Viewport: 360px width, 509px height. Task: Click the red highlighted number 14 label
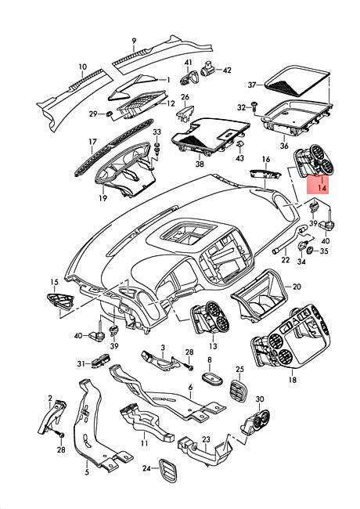[322, 188]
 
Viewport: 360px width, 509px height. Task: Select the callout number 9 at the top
[134, 42]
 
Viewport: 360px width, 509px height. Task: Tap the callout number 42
[227, 70]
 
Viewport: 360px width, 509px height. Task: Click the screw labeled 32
[254, 106]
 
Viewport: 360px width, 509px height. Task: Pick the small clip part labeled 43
[239, 144]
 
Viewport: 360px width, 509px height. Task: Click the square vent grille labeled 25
[239, 392]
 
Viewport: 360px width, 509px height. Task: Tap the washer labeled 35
[310, 250]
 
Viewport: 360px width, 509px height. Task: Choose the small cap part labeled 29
[110, 114]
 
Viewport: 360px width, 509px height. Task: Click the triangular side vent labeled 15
[60, 301]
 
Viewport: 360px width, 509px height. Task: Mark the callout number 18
[293, 380]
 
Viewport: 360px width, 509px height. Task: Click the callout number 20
[297, 287]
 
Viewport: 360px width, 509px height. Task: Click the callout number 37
[252, 85]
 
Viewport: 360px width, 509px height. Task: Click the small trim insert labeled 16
[265, 174]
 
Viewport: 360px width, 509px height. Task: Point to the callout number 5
[87, 472]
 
